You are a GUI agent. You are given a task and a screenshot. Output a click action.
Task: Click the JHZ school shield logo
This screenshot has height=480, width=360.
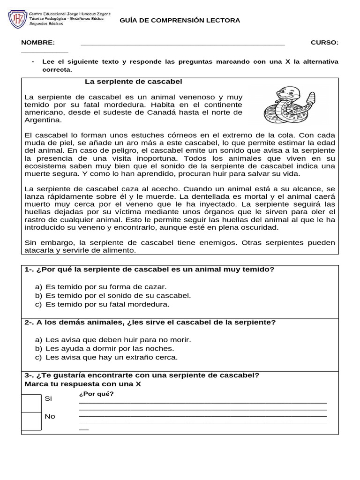[17, 19]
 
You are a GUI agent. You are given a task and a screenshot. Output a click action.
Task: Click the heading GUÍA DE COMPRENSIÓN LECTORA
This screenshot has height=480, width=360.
[180, 21]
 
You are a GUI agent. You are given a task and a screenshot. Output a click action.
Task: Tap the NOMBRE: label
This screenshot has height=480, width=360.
[38, 43]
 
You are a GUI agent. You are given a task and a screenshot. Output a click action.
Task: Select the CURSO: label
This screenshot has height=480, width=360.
[324, 43]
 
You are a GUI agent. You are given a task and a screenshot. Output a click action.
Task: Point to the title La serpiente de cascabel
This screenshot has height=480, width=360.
[133, 82]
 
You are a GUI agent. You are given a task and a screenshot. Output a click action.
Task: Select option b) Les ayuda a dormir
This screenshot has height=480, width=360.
[105, 348]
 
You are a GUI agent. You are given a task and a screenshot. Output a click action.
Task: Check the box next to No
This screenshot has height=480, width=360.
[32, 420]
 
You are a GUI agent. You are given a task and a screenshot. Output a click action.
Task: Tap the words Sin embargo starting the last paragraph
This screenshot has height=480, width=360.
[50, 242]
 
